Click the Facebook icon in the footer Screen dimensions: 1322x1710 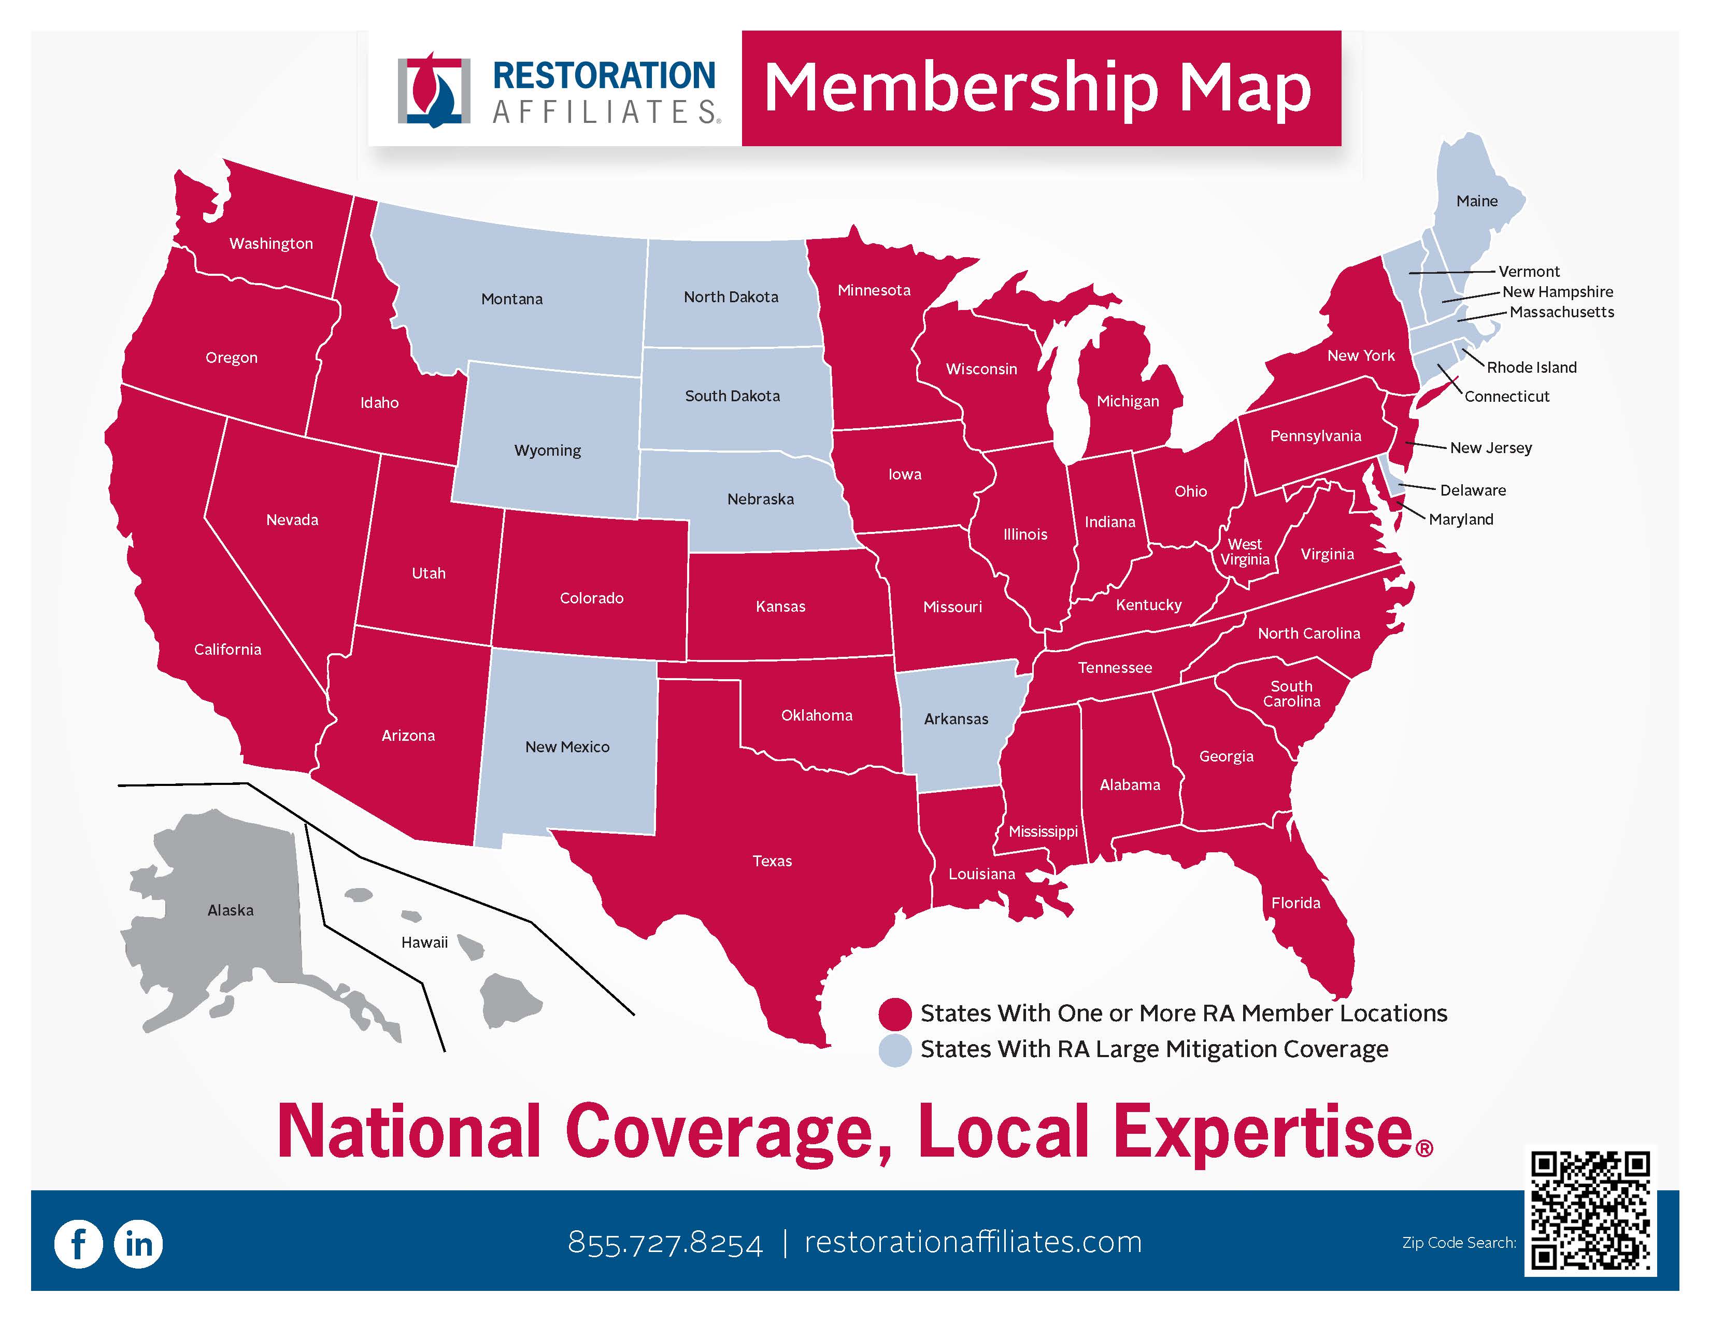click(x=78, y=1244)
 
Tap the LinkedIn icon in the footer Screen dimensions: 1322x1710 click(x=138, y=1244)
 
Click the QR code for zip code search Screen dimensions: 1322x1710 click(x=1590, y=1211)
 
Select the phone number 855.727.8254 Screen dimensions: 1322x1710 click(x=665, y=1243)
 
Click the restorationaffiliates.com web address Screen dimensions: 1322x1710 click(x=973, y=1242)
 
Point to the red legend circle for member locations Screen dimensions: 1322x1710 click(x=894, y=1014)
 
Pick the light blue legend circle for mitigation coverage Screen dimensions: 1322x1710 click(x=894, y=1049)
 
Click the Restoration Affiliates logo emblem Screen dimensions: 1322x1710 click(x=434, y=92)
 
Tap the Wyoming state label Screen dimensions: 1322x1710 click(x=547, y=451)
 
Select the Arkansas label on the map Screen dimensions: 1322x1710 click(x=956, y=719)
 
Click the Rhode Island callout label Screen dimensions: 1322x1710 click(x=1531, y=368)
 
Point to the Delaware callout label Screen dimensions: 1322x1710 click(x=1473, y=490)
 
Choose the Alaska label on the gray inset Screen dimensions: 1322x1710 click(x=230, y=910)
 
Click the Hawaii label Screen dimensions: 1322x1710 click(x=424, y=942)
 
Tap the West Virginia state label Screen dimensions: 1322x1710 click(x=1245, y=552)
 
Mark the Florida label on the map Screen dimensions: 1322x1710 click(x=1295, y=903)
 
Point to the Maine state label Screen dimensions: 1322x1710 click(x=1477, y=201)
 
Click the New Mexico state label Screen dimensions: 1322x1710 click(x=567, y=747)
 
